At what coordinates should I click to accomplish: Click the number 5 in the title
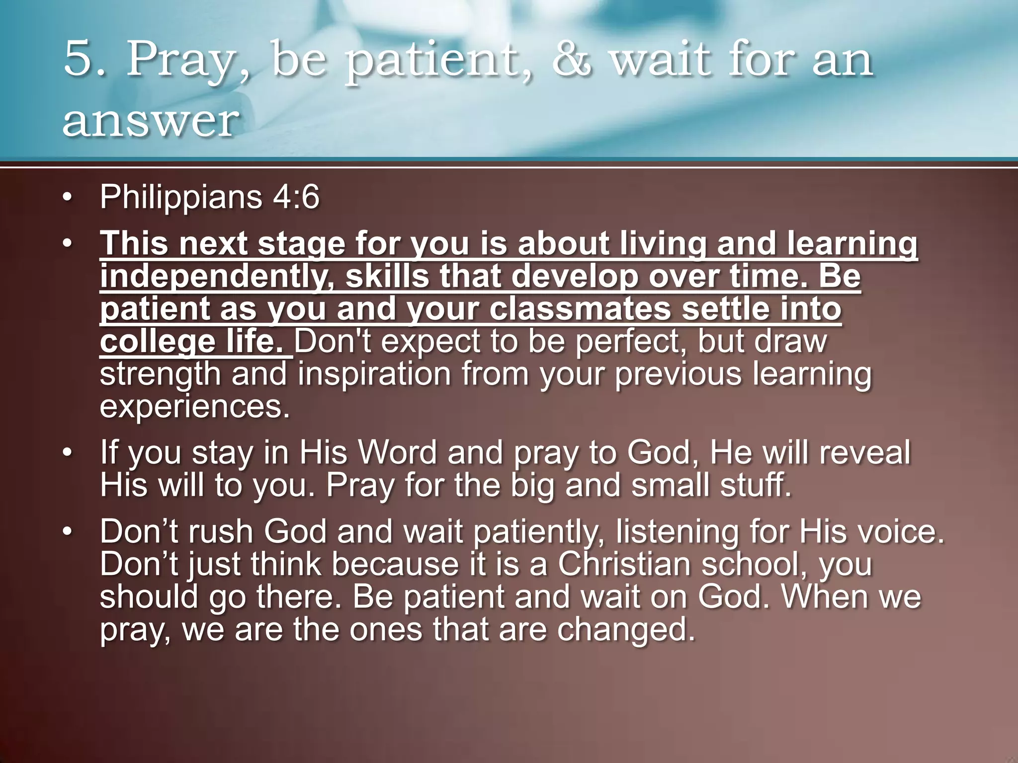point(80,60)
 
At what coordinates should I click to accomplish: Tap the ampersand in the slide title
point(572,60)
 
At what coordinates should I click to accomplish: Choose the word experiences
point(194,406)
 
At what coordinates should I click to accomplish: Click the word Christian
point(623,564)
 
